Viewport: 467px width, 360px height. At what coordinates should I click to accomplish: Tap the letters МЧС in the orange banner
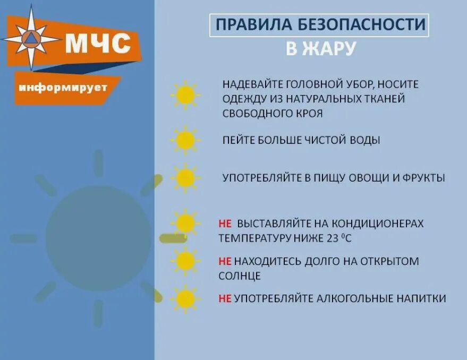[97, 44]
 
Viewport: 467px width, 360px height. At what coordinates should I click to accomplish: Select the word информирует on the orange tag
[63, 87]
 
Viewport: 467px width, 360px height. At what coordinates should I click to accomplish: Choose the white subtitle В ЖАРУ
[320, 48]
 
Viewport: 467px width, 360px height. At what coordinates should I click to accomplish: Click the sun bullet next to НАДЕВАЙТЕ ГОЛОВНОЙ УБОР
[185, 95]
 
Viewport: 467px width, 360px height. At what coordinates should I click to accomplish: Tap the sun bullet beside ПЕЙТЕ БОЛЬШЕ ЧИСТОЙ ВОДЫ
[185, 140]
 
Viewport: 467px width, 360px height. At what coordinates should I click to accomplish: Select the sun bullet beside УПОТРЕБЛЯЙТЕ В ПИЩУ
[185, 178]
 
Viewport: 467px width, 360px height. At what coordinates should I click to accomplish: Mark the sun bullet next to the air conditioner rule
[185, 224]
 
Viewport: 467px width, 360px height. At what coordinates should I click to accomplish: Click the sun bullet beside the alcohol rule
[185, 299]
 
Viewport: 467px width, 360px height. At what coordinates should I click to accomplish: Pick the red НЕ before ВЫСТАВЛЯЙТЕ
[225, 224]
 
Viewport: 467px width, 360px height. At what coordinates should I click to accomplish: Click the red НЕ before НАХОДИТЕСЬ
[225, 261]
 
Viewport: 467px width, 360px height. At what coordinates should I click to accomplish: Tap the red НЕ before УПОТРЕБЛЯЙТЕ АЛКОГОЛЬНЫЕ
[225, 298]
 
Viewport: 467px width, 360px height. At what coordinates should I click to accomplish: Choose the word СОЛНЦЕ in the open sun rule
[240, 276]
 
